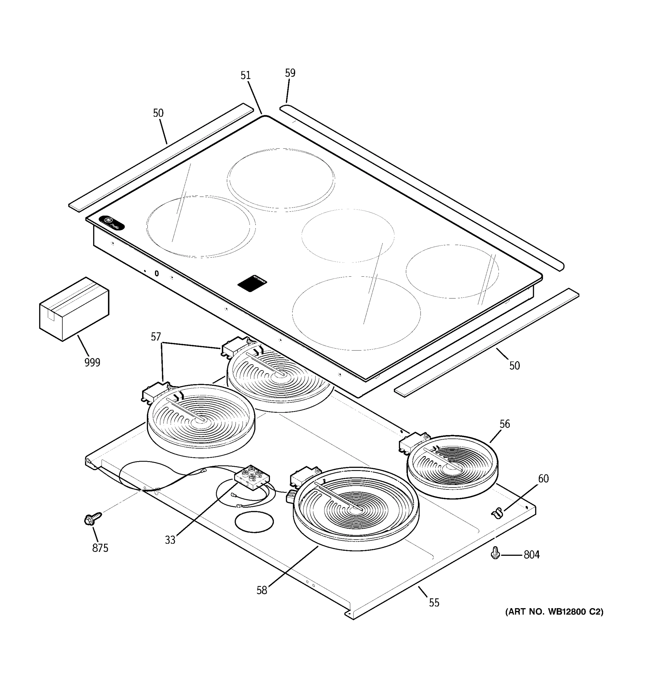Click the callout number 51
click(245, 75)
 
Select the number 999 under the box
click(92, 363)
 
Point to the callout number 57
click(156, 337)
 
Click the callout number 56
click(504, 424)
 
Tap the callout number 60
click(543, 479)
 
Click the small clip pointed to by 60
click(497, 513)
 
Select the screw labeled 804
click(495, 553)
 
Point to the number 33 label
click(170, 540)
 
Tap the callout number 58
click(262, 590)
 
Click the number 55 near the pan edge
click(434, 602)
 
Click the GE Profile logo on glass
click(111, 223)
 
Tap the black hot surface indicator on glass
click(252, 283)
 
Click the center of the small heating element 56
click(452, 466)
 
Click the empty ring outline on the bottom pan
click(254, 522)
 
